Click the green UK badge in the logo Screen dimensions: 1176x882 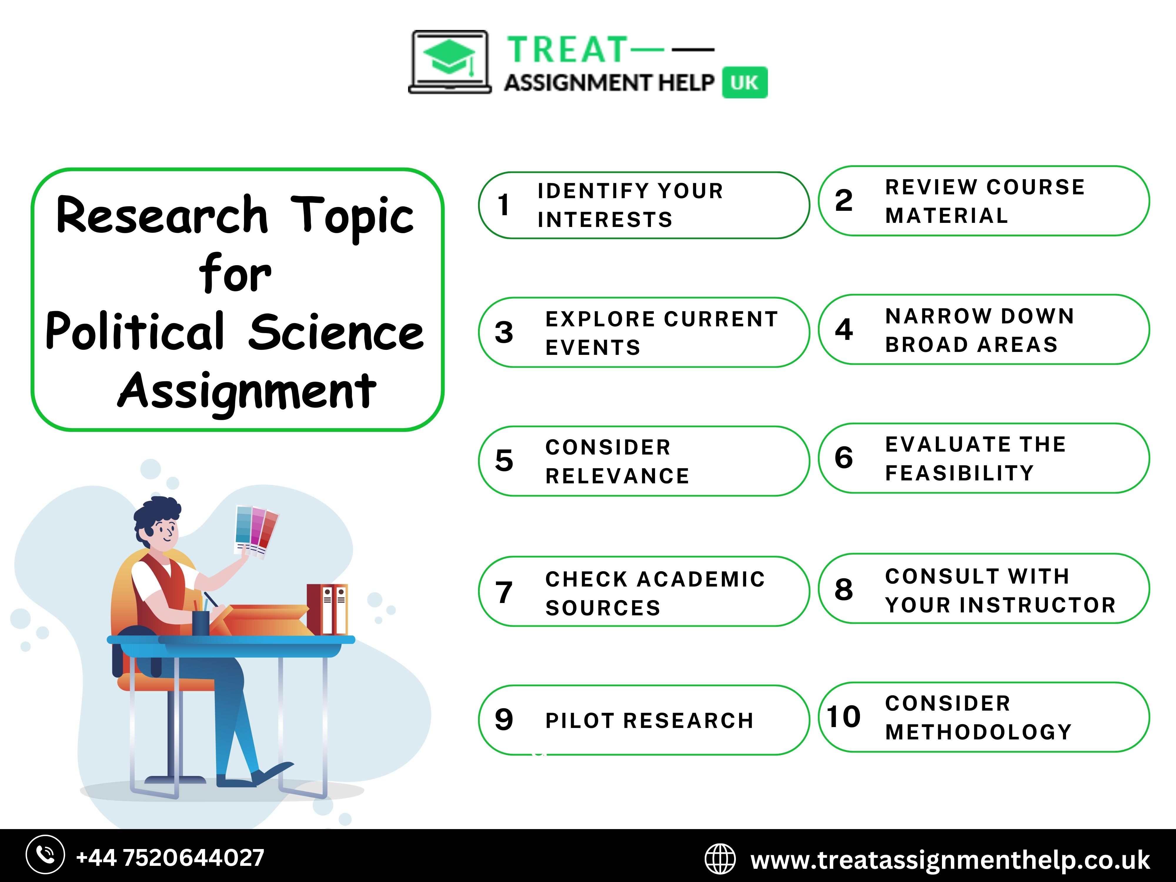(x=744, y=82)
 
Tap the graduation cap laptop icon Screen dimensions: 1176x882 (x=450, y=62)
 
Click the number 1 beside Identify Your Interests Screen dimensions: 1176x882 (x=503, y=205)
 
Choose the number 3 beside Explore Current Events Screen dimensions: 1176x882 (x=503, y=332)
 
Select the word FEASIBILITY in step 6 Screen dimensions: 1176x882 (x=960, y=473)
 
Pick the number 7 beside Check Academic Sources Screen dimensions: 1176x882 (x=503, y=592)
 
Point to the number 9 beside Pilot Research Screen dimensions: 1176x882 (x=503, y=720)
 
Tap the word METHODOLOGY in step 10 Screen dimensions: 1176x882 (x=978, y=732)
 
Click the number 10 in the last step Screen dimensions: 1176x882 (x=843, y=717)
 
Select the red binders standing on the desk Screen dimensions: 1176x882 (x=327, y=609)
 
